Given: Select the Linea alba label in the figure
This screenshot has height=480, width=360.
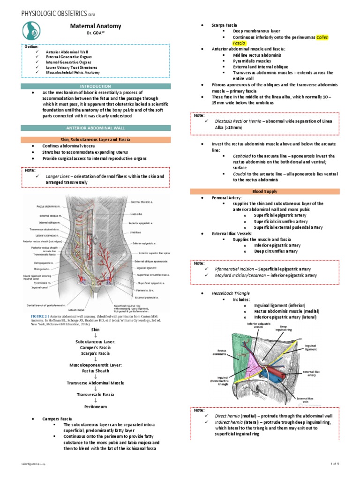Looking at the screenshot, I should (x=136, y=214).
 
